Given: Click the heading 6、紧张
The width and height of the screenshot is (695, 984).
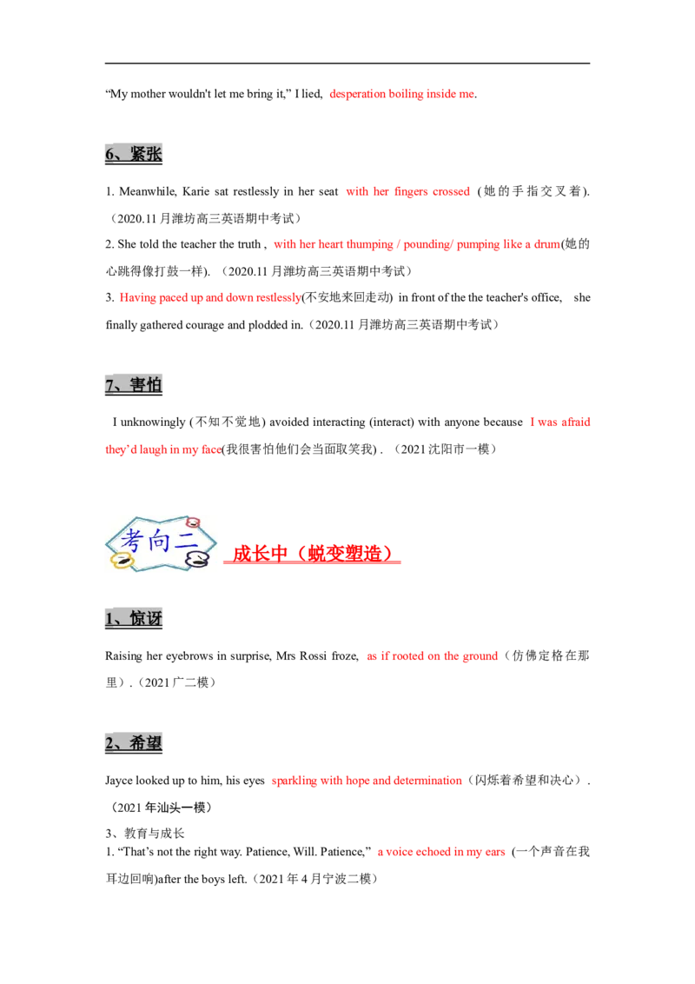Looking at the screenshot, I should click(x=134, y=154).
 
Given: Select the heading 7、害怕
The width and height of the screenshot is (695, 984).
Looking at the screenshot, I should click(x=135, y=384).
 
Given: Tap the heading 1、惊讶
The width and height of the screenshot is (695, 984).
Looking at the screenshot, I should click(x=135, y=618).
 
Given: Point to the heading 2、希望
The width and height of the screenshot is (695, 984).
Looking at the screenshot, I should click(x=135, y=743).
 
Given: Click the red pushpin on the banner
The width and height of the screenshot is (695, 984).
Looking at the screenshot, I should click(x=193, y=522).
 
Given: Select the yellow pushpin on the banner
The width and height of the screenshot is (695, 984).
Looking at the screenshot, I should click(x=120, y=562).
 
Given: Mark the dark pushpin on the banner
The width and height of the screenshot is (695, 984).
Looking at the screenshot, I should click(x=199, y=560).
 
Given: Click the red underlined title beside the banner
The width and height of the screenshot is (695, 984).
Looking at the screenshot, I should click(x=313, y=554).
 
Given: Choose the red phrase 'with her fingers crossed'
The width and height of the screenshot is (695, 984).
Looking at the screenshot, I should click(x=408, y=191).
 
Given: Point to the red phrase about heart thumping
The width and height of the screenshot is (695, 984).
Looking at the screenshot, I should click(x=417, y=245).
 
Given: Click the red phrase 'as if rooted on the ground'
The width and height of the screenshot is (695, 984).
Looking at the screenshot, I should click(x=431, y=655).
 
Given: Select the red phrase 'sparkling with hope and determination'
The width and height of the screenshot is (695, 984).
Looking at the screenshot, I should click(x=367, y=781).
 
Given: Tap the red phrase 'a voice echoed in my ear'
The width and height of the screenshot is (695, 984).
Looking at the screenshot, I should click(x=441, y=854).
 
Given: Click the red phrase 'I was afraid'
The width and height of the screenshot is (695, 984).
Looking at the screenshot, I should click(x=561, y=422).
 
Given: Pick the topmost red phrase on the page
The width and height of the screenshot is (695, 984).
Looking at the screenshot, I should click(x=402, y=94).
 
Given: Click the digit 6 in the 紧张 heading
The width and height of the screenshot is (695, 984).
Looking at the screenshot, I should click(x=109, y=155).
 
